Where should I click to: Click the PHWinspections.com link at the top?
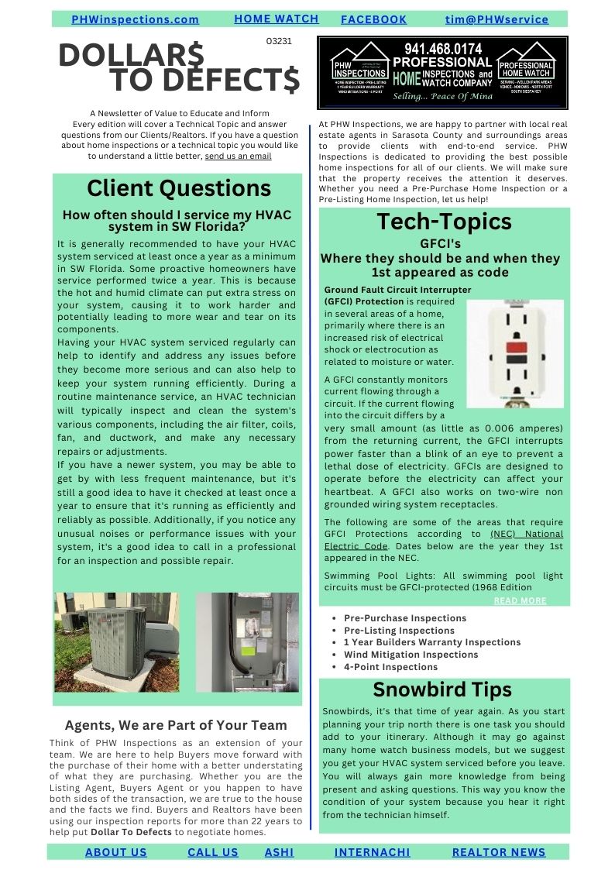pos(135,19)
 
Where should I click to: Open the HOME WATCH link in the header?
pos(276,19)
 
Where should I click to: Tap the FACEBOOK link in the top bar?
pos(373,19)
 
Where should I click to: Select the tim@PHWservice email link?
pos(496,19)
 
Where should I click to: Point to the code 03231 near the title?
pos(279,41)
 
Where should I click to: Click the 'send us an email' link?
pos(238,156)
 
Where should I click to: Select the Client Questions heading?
pos(178,188)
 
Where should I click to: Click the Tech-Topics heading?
pos(444,222)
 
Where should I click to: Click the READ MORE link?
pos(520,600)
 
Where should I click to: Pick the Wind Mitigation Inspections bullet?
pos(411,655)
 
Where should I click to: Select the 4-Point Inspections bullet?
pos(390,667)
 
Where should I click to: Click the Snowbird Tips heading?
pos(441,689)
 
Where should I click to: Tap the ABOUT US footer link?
pos(115,852)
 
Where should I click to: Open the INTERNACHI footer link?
pos(372,852)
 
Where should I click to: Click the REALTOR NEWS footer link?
pos(498,852)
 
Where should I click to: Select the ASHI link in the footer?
pos(279,852)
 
